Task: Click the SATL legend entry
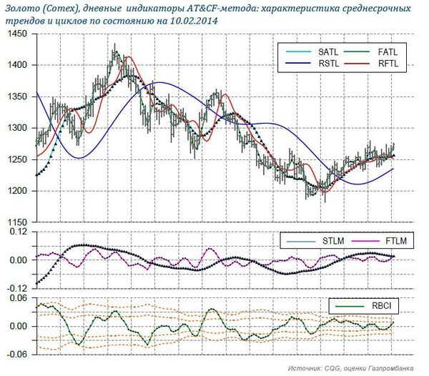[x=316, y=51]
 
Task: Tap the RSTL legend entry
[x=316, y=64]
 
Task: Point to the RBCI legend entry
[x=378, y=307]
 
